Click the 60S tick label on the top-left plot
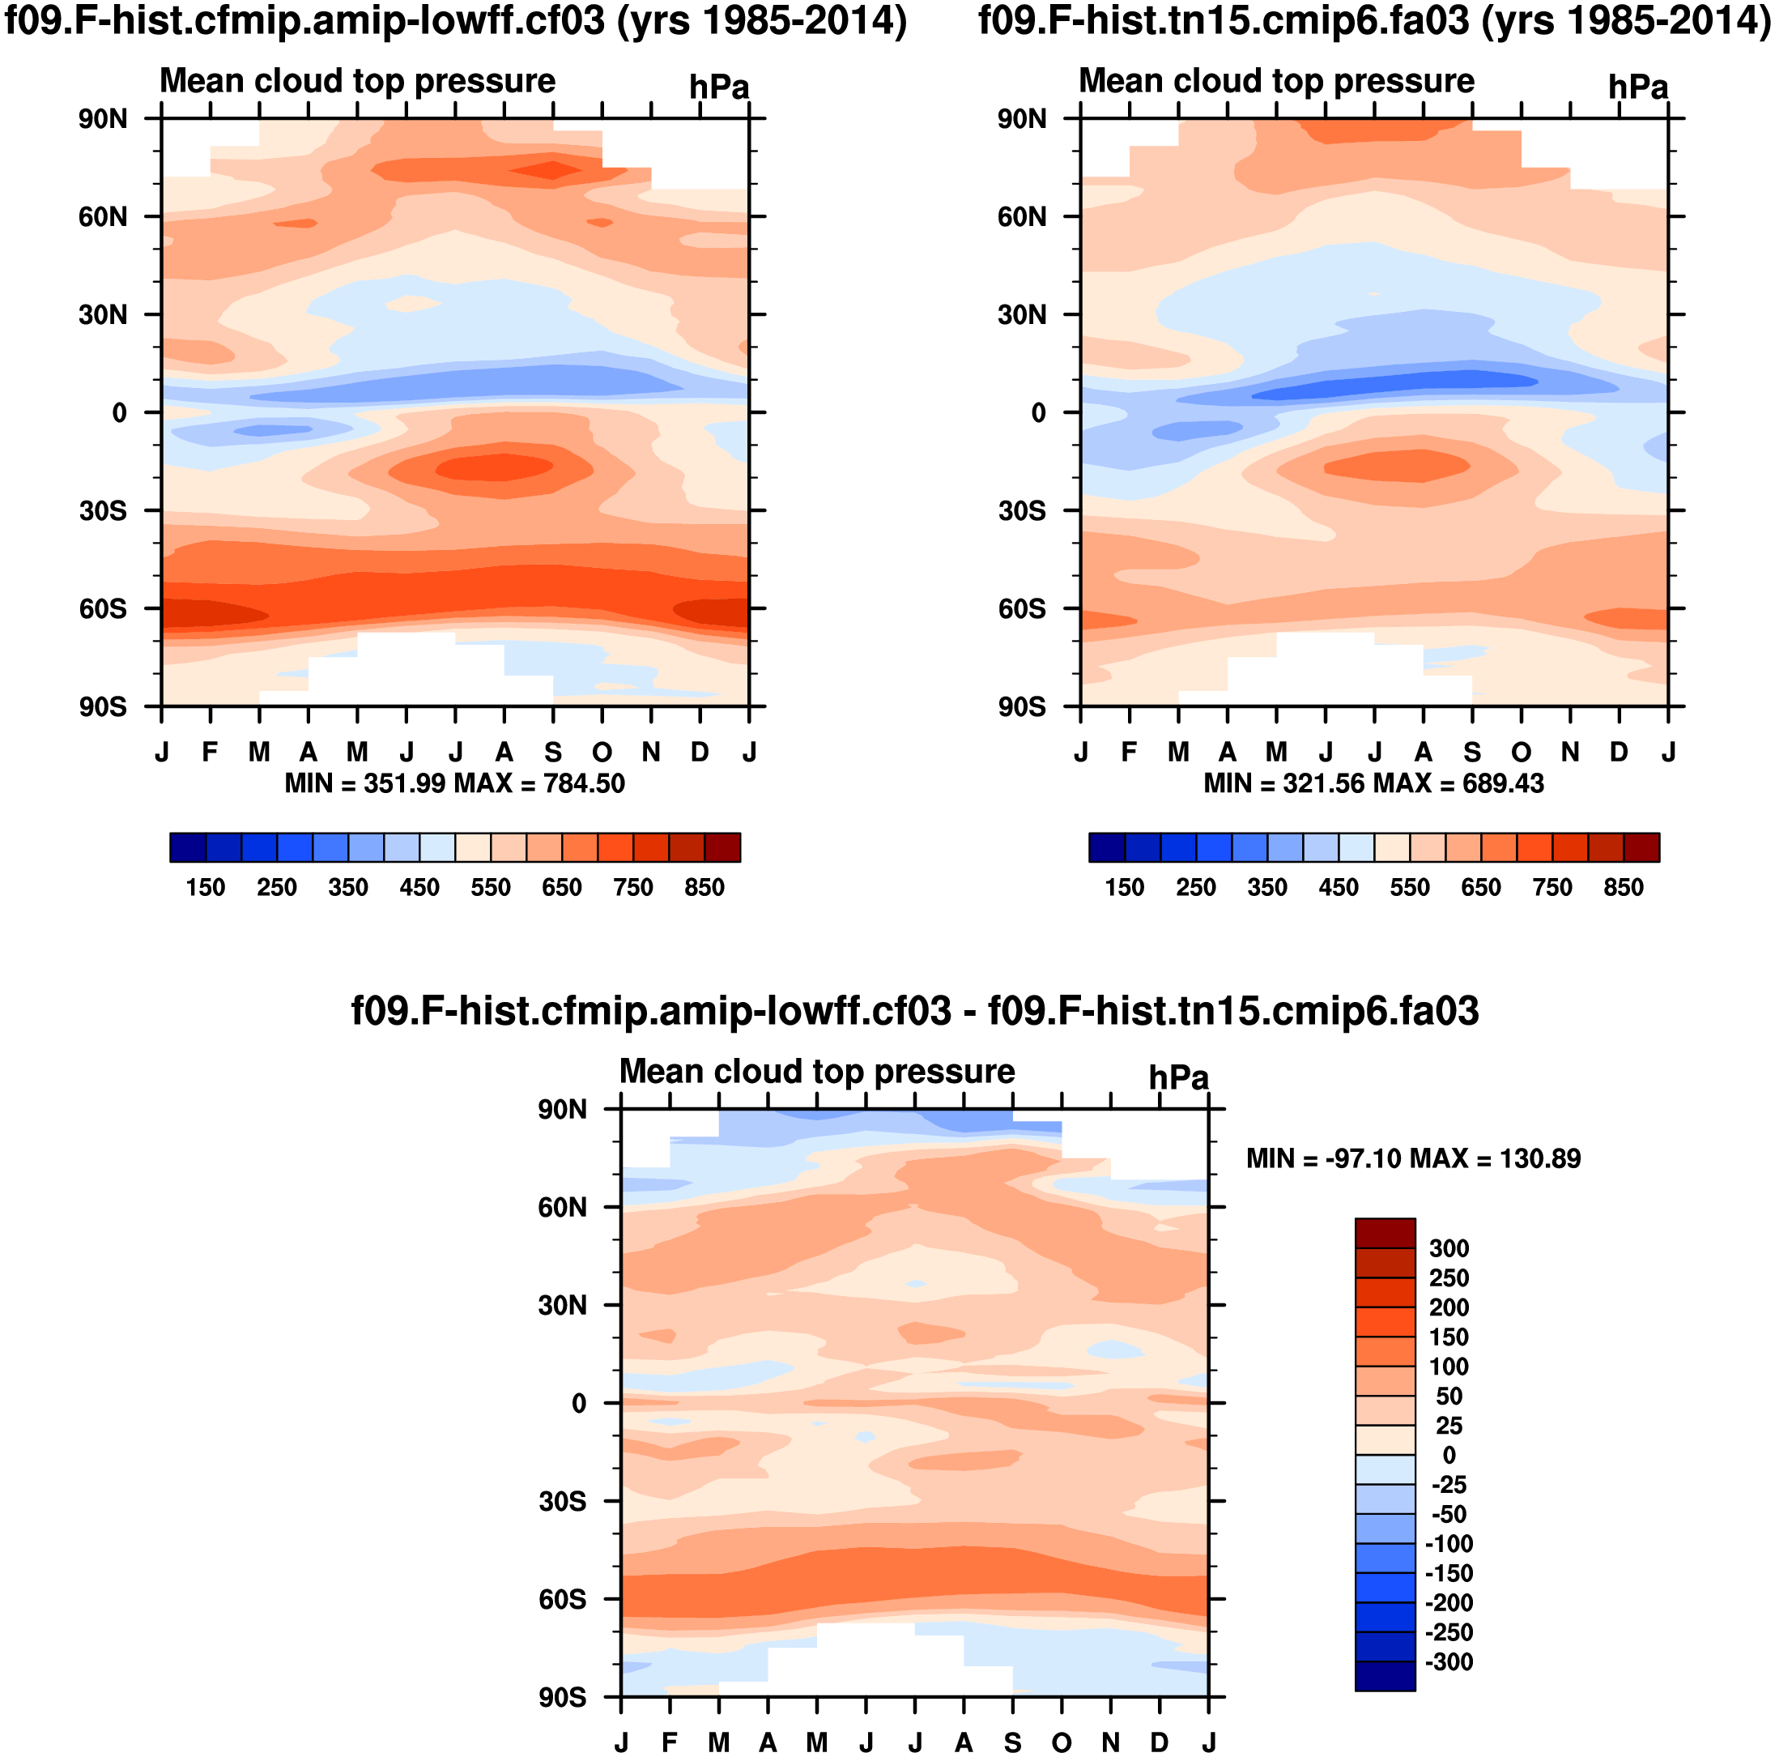tap(103, 609)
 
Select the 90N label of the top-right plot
tap(1022, 119)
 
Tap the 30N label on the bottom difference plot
tap(562, 1305)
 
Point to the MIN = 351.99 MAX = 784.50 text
tap(455, 784)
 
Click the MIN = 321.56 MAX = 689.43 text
tap(1373, 784)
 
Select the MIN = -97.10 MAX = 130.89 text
tap(1413, 1158)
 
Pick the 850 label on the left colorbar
tap(704, 888)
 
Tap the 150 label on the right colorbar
tap(1125, 888)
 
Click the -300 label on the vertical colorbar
tap(1449, 1661)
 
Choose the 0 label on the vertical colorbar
tap(1449, 1455)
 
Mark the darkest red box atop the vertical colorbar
tap(1385, 1233)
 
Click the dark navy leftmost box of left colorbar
tap(187, 847)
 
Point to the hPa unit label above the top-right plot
tap(1638, 88)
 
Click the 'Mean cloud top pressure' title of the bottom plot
tap(817, 1072)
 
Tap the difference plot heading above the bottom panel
tap(915, 1012)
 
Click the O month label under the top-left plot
tap(602, 753)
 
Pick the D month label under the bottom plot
tap(1160, 1742)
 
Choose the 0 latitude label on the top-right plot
tap(1038, 413)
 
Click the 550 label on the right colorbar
tap(1409, 888)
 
